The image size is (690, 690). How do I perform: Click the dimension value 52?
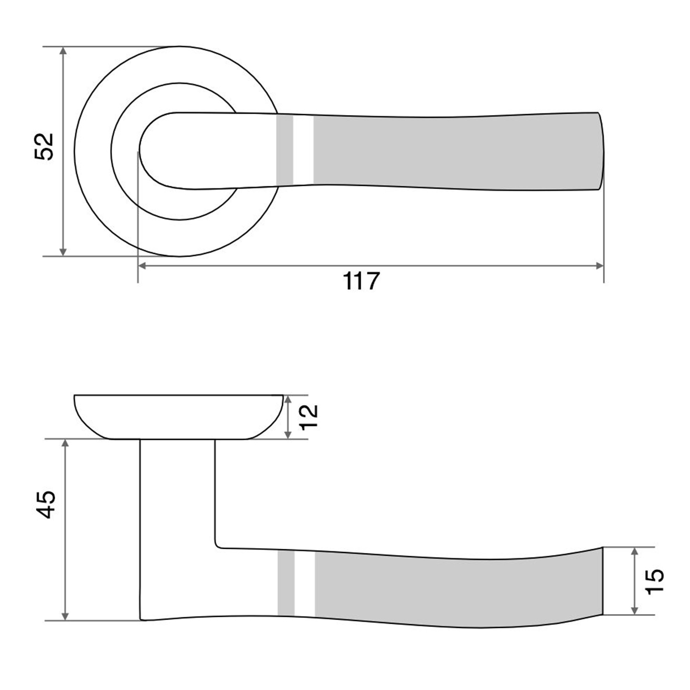(x=44, y=146)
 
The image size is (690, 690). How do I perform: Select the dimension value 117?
(x=362, y=281)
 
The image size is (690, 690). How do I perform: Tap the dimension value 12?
(x=309, y=416)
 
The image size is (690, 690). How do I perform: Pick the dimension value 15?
(x=655, y=581)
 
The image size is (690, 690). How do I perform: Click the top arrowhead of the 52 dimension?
(x=63, y=51)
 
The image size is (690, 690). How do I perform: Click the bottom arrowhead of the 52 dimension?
(x=63, y=251)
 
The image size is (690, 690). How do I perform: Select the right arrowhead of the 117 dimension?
(x=599, y=265)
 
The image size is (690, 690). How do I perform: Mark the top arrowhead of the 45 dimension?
(x=65, y=444)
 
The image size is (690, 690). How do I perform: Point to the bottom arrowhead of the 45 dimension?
(x=65, y=615)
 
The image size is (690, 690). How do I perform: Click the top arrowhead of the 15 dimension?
(x=635, y=552)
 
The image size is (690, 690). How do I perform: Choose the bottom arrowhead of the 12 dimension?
(x=288, y=434)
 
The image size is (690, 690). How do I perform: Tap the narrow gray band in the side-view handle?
(x=286, y=583)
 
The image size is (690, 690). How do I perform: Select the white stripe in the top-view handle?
(x=303, y=149)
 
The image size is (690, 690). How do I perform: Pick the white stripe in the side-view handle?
(x=305, y=583)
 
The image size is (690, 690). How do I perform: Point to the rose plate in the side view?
(x=178, y=416)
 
